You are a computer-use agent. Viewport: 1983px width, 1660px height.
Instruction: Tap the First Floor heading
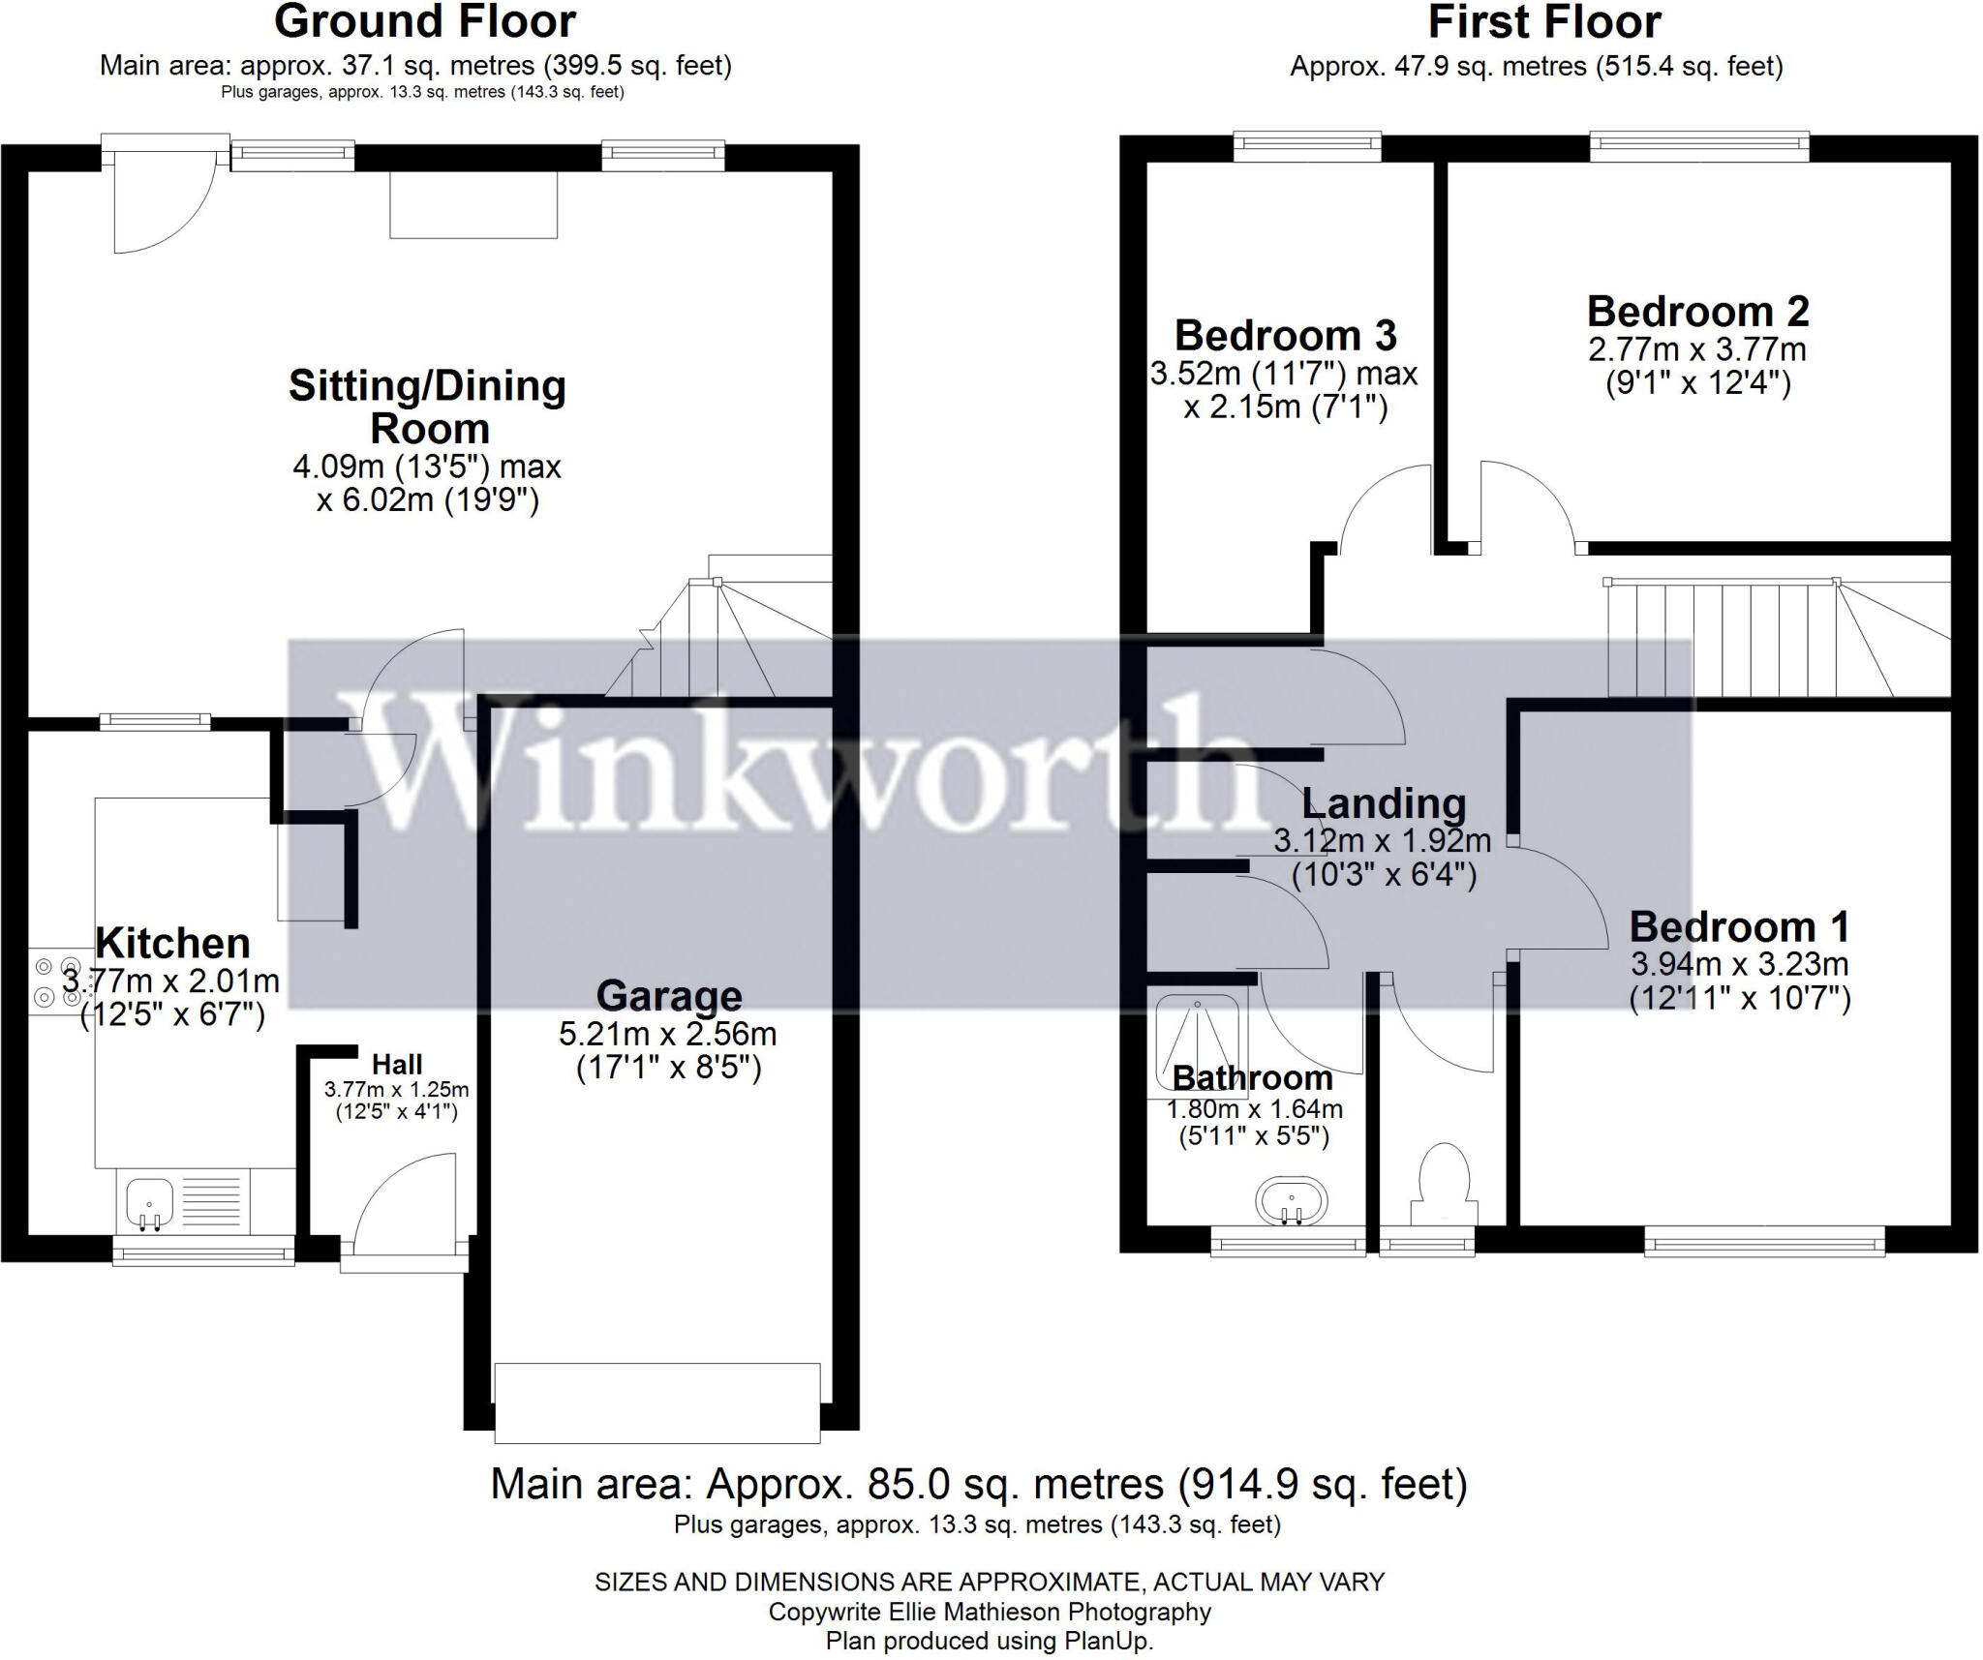[1543, 21]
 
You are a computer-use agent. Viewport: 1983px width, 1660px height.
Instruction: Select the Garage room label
[668, 995]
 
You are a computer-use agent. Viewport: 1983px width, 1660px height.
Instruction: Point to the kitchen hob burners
[57, 981]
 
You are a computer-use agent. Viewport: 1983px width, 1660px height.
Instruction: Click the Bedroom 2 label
[1697, 312]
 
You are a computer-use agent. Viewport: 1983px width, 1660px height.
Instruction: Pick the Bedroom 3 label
[1285, 336]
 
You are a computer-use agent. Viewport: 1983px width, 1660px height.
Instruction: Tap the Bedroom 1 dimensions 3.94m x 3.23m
[1739, 964]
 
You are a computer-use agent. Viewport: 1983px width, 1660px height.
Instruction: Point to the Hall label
[397, 1065]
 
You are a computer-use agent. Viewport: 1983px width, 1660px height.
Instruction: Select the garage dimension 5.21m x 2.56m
[667, 1034]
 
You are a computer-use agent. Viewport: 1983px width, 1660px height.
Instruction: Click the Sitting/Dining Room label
[427, 407]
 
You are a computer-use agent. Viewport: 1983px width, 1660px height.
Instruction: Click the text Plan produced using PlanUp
[989, 1642]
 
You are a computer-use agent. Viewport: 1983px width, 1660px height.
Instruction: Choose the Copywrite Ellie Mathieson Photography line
[989, 1612]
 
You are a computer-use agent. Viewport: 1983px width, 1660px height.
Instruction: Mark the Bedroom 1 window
[1763, 1241]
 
